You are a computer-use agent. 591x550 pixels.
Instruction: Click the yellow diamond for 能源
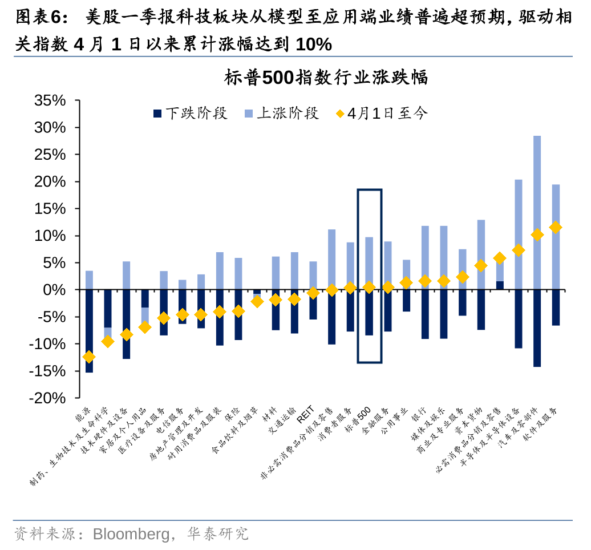tap(89, 357)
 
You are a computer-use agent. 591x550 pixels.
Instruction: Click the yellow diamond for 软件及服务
tap(555, 228)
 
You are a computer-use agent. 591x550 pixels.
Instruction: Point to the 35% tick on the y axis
tap(50, 101)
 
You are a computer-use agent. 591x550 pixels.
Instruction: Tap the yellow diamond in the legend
tap(340, 114)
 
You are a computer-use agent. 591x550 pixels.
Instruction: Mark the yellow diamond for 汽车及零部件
tap(537, 234)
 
